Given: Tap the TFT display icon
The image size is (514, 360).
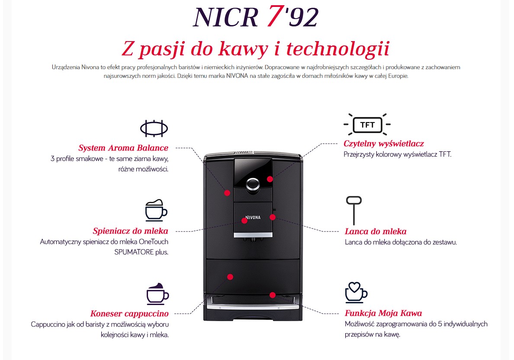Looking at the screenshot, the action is [x=367, y=125].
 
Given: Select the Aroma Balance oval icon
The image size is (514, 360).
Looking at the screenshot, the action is [x=154, y=128].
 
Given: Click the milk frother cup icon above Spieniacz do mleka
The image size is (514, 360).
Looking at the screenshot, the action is [x=156, y=210].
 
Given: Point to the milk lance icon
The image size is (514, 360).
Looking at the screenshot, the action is [x=354, y=210].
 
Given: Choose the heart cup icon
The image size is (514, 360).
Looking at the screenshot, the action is [x=357, y=292].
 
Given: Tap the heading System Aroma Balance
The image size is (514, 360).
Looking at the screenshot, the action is [x=123, y=148].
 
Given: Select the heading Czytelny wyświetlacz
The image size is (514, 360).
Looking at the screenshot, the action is [x=383, y=144].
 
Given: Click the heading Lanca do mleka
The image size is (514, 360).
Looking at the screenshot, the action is [x=376, y=231].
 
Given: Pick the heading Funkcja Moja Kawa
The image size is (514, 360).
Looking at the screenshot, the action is [x=383, y=313].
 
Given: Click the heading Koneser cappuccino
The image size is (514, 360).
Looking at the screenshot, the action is [x=129, y=314].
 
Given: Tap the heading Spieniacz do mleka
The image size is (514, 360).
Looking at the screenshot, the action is [x=131, y=231].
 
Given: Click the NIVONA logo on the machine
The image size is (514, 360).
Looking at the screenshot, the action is [x=253, y=217].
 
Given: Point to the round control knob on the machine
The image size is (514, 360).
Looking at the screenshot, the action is [x=253, y=184].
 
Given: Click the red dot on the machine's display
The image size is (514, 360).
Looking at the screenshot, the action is [x=270, y=179].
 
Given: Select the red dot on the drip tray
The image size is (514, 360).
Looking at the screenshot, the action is [x=273, y=295].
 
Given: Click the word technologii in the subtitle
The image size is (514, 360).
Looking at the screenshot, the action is [x=338, y=49].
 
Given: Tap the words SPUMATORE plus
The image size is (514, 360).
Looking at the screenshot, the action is [x=141, y=252].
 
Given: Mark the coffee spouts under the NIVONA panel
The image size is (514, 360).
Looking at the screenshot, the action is [x=253, y=240].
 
